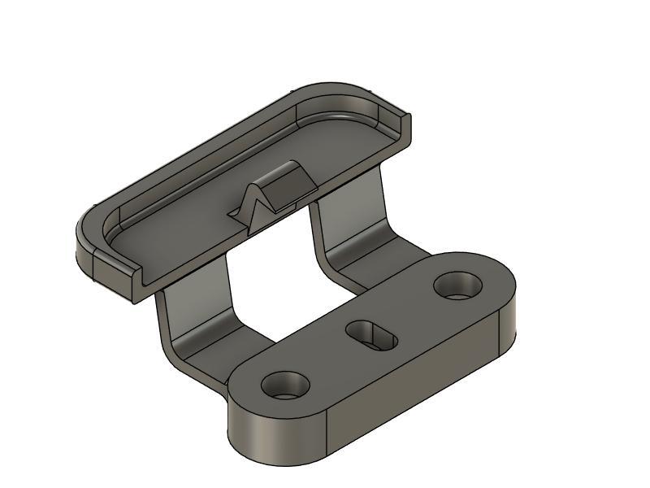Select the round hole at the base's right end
click(x=458, y=285)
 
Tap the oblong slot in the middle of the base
click(x=371, y=334)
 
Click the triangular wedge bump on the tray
click(x=280, y=189)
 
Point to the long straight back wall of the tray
click(x=203, y=150)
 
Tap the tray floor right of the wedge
click(x=341, y=146)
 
